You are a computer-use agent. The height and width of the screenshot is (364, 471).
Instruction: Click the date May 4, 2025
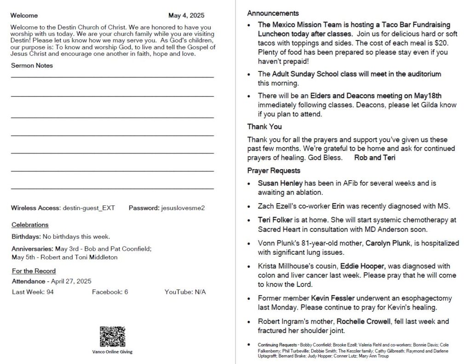(x=186, y=15)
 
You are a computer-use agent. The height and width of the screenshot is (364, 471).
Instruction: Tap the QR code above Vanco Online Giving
(x=112, y=336)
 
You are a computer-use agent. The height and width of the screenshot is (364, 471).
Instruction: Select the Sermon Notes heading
(x=32, y=65)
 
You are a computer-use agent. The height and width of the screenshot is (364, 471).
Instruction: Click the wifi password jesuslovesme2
(x=183, y=208)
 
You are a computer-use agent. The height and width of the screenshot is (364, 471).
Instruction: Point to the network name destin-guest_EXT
(x=89, y=208)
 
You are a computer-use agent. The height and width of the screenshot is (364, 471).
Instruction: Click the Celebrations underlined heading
(x=30, y=225)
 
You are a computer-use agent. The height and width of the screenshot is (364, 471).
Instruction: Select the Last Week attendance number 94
(x=50, y=292)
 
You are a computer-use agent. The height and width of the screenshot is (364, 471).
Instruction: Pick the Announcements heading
(x=273, y=13)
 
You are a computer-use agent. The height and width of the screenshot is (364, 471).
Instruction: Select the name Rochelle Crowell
(x=363, y=321)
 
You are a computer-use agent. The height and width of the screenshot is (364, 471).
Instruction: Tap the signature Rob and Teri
(x=374, y=158)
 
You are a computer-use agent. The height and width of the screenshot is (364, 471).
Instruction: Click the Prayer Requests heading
(x=274, y=170)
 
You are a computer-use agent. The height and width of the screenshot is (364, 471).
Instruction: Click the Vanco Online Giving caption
(x=112, y=352)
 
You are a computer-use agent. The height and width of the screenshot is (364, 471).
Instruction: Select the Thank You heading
(x=264, y=126)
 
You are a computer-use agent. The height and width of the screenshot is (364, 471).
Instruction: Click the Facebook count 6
(x=126, y=292)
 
